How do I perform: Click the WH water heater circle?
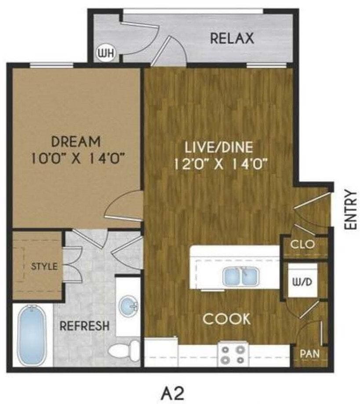pos(105,54)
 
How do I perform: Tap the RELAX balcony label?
pos(232,39)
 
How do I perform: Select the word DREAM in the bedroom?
pos(76,142)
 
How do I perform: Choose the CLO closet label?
pos(303,244)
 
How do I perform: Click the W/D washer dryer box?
pos(302,282)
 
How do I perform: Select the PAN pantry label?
pos(310,353)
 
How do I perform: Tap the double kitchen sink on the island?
pos(240,277)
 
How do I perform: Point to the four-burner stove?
pos(233,355)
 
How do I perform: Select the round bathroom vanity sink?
pos(129,304)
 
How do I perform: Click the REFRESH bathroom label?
pos(84,326)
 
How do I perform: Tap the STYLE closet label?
pos(44,266)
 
